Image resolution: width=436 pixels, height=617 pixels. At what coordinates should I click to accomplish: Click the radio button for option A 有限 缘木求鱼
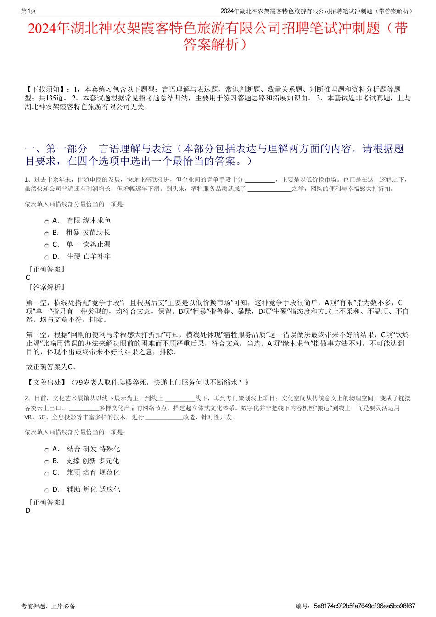pos(46,222)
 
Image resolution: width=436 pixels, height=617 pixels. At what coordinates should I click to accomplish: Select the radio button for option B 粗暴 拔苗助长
pos(46,234)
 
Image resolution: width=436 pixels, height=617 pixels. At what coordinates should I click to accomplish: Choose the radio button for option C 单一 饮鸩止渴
pos(46,246)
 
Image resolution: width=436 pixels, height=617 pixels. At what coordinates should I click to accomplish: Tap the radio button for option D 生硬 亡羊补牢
pos(46,258)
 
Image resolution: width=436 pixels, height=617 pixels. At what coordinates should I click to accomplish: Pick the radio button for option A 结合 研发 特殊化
pos(46,450)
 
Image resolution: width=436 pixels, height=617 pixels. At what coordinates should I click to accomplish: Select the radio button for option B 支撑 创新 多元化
pos(46,462)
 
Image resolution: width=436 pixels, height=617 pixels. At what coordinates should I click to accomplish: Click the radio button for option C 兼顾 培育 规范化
pos(46,474)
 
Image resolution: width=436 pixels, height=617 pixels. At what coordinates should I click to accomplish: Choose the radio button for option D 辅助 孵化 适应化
pos(46,491)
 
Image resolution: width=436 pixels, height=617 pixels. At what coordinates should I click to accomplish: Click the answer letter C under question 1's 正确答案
pos(28,278)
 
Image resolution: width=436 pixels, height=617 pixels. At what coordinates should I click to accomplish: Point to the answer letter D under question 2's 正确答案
pos(28,511)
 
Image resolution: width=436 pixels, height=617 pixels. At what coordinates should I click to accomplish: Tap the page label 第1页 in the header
pos(28,11)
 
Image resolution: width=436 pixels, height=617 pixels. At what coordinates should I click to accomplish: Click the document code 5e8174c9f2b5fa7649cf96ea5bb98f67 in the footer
pos(364,606)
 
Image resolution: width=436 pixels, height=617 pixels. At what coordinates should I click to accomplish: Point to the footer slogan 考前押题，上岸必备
pos(48,606)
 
